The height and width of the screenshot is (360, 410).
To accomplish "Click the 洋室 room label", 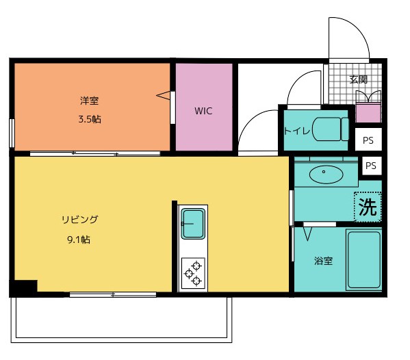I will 89,101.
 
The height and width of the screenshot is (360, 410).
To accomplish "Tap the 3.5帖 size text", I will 89,119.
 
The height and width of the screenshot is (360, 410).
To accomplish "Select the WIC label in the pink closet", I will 203,111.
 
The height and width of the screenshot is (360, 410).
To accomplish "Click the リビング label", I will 80,220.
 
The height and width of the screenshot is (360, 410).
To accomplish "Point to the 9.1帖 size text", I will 80,240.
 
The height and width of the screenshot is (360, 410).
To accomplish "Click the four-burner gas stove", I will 192,272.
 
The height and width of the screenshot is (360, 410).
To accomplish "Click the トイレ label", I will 297,129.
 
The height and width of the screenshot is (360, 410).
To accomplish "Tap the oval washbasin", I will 324,175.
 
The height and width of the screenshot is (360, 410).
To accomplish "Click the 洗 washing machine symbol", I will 368,207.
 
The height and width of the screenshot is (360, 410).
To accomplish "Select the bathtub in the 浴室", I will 363,260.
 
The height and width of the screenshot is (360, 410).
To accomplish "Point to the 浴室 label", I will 323,261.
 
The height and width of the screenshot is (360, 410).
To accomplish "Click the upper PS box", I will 368,140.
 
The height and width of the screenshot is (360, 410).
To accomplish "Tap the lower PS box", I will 371,166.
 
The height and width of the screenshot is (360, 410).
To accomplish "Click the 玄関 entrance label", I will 358,79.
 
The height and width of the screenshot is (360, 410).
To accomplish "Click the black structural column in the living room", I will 23,288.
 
